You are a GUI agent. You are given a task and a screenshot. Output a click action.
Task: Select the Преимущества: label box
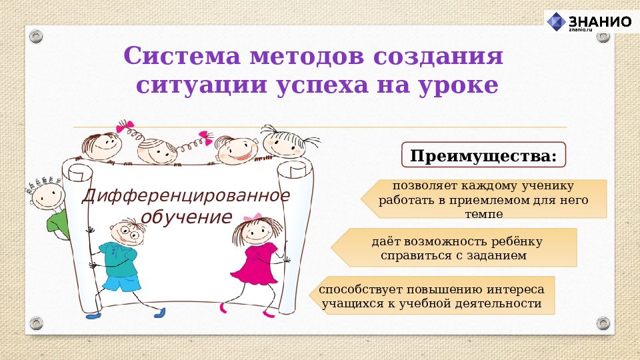click(483, 155)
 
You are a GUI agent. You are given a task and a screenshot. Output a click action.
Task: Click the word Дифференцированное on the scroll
click(186, 196)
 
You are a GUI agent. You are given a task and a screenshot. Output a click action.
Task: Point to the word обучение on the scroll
click(186, 217)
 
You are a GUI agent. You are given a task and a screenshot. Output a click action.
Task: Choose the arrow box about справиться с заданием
click(454, 247)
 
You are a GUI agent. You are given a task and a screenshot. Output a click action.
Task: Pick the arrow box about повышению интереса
click(432, 295)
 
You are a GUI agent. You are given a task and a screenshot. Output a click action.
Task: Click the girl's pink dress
click(256, 263)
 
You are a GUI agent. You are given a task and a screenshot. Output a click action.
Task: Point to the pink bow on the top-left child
click(125, 125)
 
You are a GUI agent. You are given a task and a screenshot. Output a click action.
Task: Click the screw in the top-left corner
click(36, 34)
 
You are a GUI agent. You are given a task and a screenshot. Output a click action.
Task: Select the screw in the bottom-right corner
click(603, 323)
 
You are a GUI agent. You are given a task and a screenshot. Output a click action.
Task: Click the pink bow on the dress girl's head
click(253, 218)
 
